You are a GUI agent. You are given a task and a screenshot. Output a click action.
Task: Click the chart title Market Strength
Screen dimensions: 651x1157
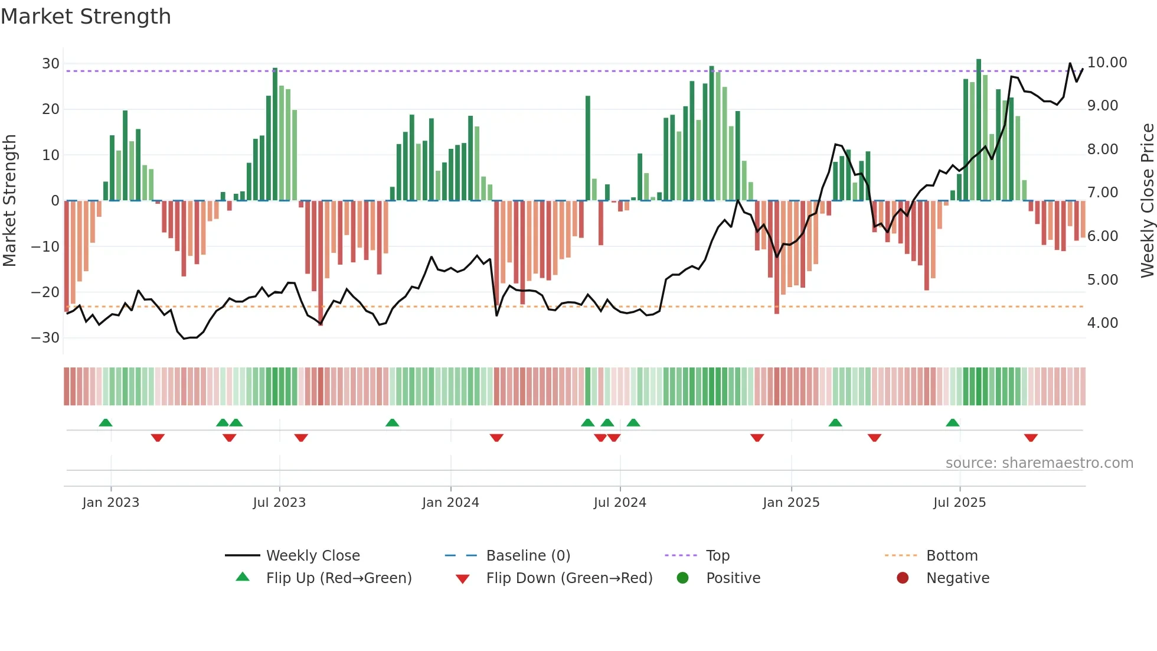click(86, 17)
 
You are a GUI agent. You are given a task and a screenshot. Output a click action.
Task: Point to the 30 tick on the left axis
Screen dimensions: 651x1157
click(51, 64)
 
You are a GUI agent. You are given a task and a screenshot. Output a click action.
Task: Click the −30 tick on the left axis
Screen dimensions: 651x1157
click(45, 338)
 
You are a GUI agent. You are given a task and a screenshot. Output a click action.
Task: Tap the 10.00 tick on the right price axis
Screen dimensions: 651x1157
click(1107, 63)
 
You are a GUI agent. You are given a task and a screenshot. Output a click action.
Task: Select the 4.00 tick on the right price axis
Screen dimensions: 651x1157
click(1102, 323)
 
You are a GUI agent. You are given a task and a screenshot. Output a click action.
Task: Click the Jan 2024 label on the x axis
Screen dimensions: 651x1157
click(450, 503)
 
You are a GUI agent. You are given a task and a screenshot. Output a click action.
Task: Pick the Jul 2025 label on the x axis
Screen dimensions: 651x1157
click(959, 503)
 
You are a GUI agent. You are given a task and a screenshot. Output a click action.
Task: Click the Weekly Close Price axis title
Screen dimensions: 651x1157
click(1147, 201)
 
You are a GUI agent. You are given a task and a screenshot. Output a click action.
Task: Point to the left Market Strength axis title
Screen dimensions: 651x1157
click(9, 201)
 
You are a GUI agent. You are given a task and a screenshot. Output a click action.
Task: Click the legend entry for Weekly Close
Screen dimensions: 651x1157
click(312, 556)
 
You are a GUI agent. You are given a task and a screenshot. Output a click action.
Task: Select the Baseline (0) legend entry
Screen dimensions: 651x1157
click(528, 556)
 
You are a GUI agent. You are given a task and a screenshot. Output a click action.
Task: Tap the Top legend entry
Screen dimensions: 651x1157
click(717, 556)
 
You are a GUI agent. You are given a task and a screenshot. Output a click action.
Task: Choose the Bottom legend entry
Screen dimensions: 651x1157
click(952, 556)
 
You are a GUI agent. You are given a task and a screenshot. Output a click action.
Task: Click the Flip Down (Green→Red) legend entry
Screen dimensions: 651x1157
click(568, 578)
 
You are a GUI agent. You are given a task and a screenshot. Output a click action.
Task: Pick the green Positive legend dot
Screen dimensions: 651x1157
click(683, 578)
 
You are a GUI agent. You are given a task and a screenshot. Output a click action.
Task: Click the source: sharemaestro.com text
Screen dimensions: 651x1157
click(1039, 463)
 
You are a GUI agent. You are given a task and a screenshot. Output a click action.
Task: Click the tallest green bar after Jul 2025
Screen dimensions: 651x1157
click(979, 130)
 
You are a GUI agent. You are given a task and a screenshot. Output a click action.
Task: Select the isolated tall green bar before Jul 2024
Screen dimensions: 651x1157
click(588, 148)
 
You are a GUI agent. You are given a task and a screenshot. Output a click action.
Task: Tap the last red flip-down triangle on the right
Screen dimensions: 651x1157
click(1031, 438)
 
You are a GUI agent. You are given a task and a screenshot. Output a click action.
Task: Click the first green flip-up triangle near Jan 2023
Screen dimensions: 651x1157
click(106, 422)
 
